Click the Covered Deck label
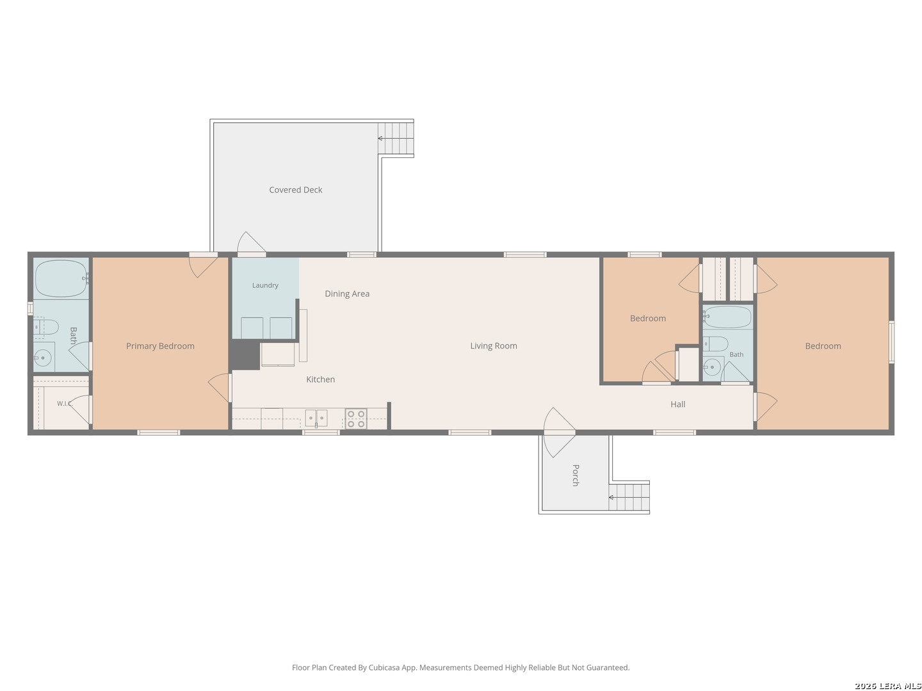point(295,189)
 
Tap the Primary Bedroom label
point(160,346)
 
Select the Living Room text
point(494,345)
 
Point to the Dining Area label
point(347,294)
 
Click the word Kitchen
point(321,379)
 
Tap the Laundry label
point(265,285)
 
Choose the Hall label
point(677,404)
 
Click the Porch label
point(576,475)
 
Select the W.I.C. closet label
point(65,404)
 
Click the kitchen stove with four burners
point(356,418)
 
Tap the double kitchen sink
point(316,418)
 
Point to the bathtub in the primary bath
point(61,278)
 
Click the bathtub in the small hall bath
point(727,317)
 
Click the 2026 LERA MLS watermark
point(887,685)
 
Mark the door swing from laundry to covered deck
point(251,242)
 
